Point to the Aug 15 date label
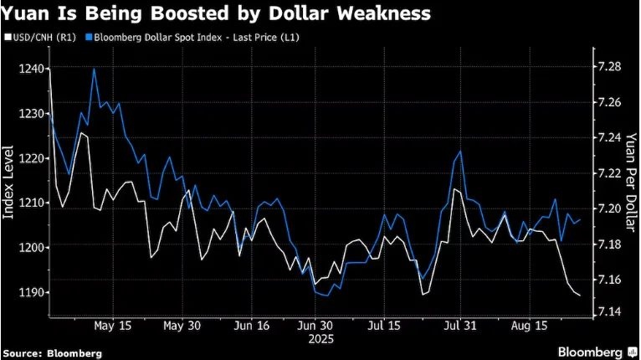point(529,325)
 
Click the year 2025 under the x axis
point(320,339)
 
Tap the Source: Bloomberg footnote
point(53,353)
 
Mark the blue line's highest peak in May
point(94,69)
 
